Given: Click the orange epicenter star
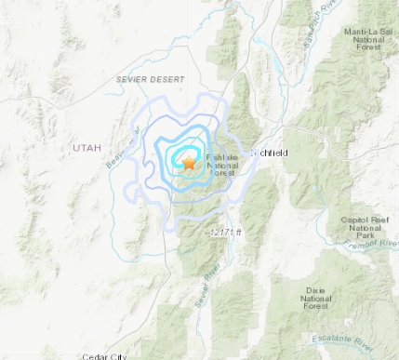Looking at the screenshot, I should click(x=189, y=163).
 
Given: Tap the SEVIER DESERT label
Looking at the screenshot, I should click(x=150, y=80).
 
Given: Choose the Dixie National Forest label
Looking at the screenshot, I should click(x=321, y=298).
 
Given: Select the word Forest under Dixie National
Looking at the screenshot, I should click(x=321, y=307).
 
